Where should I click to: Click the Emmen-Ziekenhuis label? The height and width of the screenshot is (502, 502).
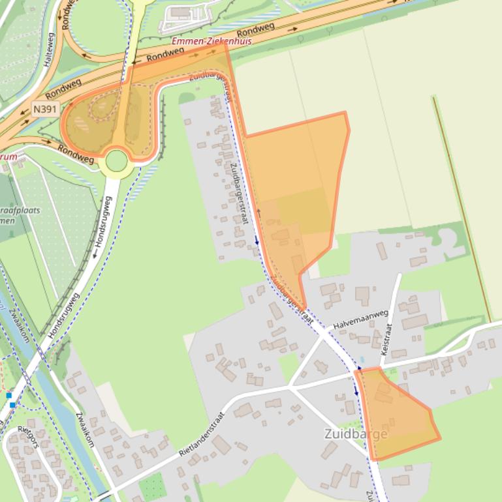[x=211, y=41]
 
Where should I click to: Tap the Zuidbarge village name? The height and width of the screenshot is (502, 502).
[x=356, y=434]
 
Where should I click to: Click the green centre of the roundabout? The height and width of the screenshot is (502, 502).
[x=116, y=160]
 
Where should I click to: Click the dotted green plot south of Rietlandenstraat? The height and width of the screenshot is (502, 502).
[x=153, y=486]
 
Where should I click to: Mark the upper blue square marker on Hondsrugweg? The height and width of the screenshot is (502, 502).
[x=9, y=395]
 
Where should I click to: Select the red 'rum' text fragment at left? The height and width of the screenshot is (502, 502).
[x=8, y=156]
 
